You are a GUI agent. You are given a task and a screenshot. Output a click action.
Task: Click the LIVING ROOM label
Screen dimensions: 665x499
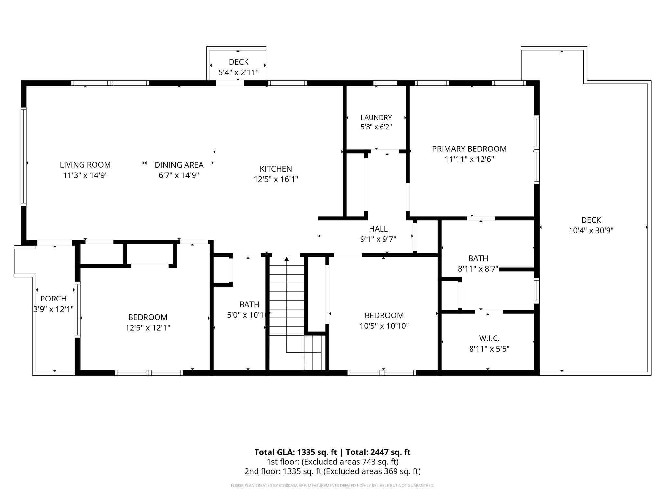point(85,165)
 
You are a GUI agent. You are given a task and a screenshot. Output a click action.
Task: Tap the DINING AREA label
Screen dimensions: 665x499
point(179,165)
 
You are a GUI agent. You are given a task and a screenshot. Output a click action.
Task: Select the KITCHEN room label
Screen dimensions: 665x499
point(276,169)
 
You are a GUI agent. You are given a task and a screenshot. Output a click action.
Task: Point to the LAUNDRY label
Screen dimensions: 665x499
point(376,117)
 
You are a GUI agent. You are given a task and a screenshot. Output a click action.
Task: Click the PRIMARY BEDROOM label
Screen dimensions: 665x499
point(469,149)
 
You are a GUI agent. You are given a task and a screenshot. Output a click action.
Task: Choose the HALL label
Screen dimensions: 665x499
point(378,229)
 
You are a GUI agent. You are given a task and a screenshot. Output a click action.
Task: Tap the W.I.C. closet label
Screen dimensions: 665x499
point(489,339)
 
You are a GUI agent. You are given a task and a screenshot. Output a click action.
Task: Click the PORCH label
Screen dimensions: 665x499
point(53,299)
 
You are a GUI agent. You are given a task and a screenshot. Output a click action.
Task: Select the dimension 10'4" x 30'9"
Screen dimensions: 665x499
point(591,231)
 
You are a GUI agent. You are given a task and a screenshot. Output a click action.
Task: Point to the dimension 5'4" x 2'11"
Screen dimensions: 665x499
point(238,72)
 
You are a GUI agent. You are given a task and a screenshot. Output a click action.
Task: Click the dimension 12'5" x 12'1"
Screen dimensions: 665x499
point(148,328)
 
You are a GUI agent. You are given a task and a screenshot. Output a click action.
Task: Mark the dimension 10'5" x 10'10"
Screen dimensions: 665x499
point(384,326)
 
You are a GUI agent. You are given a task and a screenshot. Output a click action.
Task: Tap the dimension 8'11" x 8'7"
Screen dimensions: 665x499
point(478,269)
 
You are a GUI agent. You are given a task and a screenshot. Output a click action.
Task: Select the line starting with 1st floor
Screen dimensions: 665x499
point(332,462)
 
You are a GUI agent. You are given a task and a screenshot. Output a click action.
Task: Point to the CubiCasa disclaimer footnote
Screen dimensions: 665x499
point(332,486)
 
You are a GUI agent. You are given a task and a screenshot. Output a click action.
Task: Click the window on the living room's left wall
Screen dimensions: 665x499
point(23,157)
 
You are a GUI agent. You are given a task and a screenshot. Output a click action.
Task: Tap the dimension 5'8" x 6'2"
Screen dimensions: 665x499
point(376,127)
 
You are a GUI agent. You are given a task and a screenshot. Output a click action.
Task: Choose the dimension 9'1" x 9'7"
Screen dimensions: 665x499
point(378,239)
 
